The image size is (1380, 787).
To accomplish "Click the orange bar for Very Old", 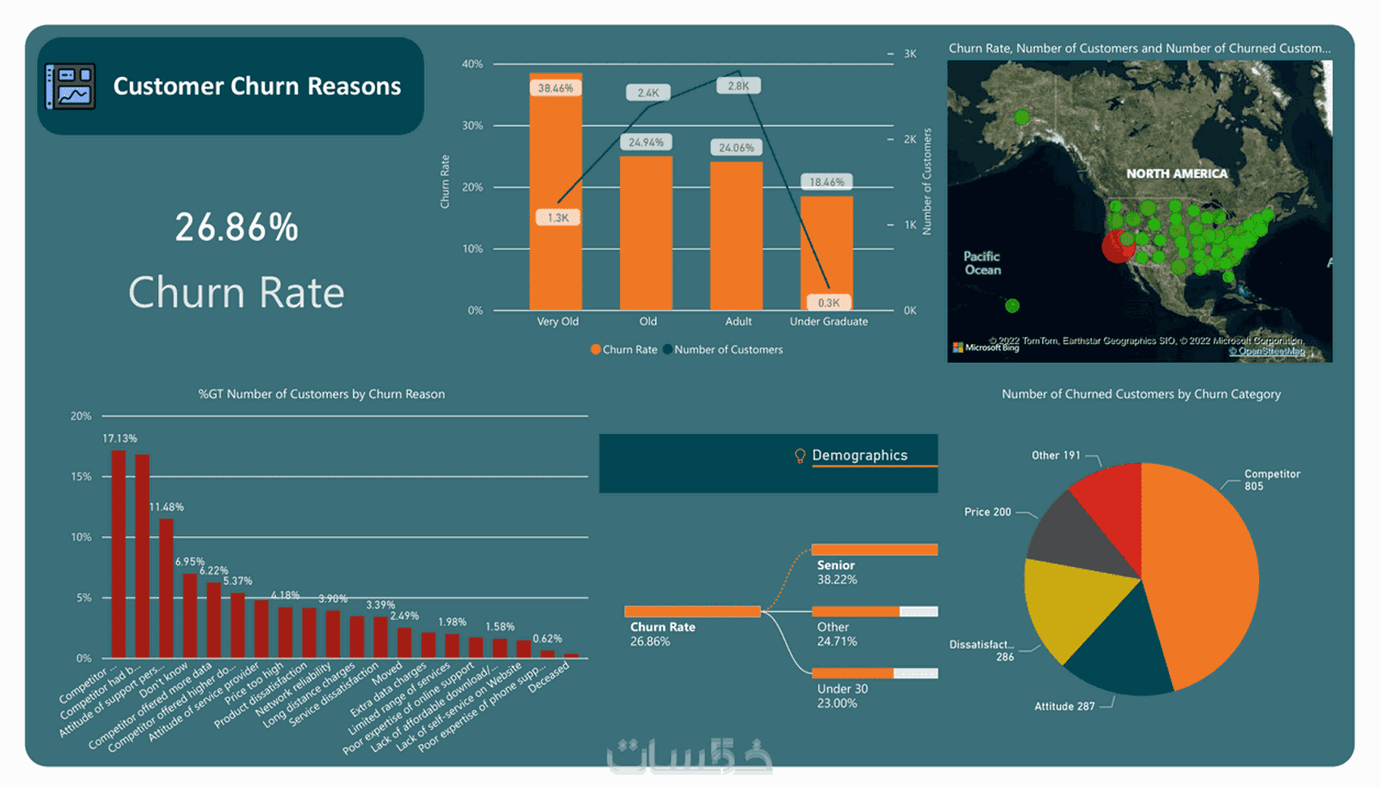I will pyautogui.click(x=555, y=203).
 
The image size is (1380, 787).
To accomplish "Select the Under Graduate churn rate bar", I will pyautogui.click(x=826, y=252).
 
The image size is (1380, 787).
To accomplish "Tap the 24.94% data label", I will pyautogui.click(x=646, y=142).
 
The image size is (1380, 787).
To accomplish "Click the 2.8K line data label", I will pyautogui.click(x=738, y=86).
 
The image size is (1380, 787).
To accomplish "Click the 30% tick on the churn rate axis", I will pyautogui.click(x=472, y=126).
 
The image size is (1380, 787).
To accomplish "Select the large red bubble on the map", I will pyautogui.click(x=1117, y=247).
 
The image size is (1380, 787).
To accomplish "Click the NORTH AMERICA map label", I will pyautogui.click(x=1176, y=174).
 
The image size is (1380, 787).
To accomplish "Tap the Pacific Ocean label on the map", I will pyautogui.click(x=982, y=263).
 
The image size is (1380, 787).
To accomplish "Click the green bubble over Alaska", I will pyautogui.click(x=1022, y=118).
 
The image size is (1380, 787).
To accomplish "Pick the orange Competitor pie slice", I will pyautogui.click(x=1201, y=568).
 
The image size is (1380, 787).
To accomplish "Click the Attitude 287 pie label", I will pyautogui.click(x=1064, y=707).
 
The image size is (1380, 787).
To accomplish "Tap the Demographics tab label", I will pyautogui.click(x=859, y=455).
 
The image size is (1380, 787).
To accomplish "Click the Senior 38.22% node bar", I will pyautogui.click(x=874, y=550).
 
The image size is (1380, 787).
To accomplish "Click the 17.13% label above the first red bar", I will pyautogui.click(x=119, y=439).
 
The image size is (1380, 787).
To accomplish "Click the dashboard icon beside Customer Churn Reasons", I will pyautogui.click(x=71, y=86).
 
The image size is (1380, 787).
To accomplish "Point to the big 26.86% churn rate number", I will pyautogui.click(x=236, y=227).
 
